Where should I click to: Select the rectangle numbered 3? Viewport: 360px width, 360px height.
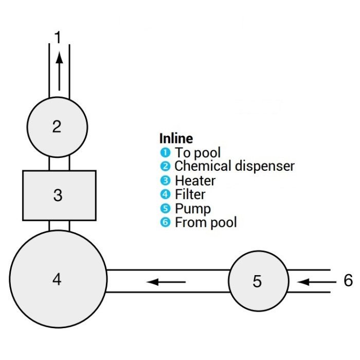click(x=59, y=195)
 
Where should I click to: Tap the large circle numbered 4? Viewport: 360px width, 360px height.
click(x=58, y=279)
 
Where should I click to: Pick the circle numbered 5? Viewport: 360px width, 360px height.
click(x=258, y=281)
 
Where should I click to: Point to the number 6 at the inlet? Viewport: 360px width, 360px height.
click(x=348, y=281)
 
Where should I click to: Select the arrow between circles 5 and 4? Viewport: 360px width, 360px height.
click(x=166, y=281)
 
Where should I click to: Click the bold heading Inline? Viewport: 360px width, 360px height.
click(x=176, y=138)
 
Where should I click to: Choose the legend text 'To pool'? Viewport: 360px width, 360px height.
click(x=198, y=153)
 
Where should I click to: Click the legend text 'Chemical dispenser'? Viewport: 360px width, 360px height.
click(x=235, y=166)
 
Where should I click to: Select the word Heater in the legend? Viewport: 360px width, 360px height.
click(x=195, y=181)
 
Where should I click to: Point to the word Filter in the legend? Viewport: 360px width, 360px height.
click(x=190, y=194)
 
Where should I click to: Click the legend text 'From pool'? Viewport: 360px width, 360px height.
click(x=206, y=222)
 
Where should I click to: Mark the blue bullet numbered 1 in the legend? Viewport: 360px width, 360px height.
click(x=164, y=152)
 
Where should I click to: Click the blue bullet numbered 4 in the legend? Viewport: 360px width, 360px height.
click(x=164, y=194)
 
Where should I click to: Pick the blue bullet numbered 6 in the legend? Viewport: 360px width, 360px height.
click(x=164, y=222)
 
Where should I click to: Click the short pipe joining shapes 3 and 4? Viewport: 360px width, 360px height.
click(x=59, y=225)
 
